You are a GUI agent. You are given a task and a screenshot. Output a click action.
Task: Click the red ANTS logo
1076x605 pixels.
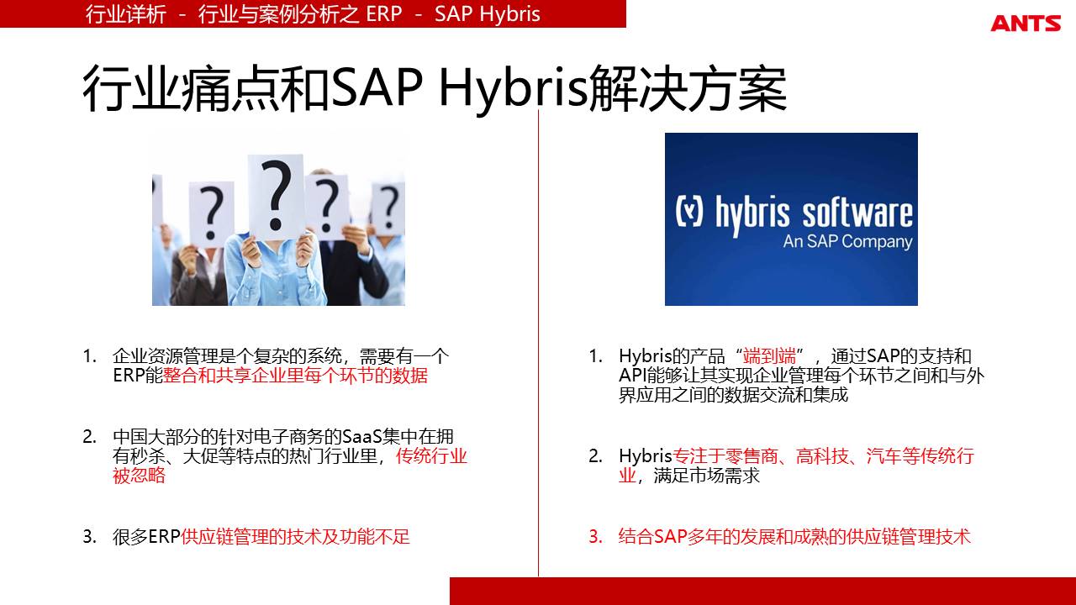coord(1026,23)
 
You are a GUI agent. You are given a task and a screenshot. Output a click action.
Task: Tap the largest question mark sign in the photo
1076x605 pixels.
coord(276,197)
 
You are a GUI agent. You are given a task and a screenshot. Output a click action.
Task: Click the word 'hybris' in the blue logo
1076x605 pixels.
coord(752,214)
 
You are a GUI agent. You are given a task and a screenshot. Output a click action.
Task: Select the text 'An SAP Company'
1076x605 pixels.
coord(848,242)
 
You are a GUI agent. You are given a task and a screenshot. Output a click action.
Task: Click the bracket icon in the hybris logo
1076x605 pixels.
coord(689,210)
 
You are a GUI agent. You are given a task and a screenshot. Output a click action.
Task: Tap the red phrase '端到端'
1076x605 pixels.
coord(769,356)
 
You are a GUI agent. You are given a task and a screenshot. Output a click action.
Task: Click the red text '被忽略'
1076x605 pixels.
coord(139,476)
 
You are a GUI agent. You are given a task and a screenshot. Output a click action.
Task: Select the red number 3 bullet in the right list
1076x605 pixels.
coord(596,536)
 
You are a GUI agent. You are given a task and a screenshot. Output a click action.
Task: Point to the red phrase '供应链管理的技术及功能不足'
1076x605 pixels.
coord(295,537)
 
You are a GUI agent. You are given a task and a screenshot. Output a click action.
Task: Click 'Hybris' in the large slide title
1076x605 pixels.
coord(514,89)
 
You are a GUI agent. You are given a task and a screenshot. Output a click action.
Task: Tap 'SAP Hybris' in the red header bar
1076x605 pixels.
coord(487,14)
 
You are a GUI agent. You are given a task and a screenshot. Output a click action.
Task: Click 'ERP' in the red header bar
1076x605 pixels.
coord(384,14)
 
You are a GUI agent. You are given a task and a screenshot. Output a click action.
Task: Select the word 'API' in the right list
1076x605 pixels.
coord(633,376)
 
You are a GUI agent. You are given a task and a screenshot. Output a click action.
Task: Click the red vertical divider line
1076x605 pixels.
coord(538,343)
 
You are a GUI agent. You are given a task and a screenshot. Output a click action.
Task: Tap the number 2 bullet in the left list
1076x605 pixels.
coord(89,436)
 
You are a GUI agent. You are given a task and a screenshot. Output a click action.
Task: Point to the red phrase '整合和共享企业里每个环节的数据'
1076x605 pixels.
coord(295,376)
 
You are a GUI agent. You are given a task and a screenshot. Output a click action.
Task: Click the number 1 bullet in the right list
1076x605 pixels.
coord(596,356)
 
